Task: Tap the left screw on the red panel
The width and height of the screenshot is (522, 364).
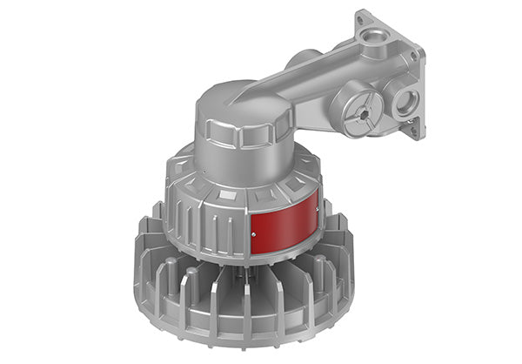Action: pyautogui.click(x=253, y=233)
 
